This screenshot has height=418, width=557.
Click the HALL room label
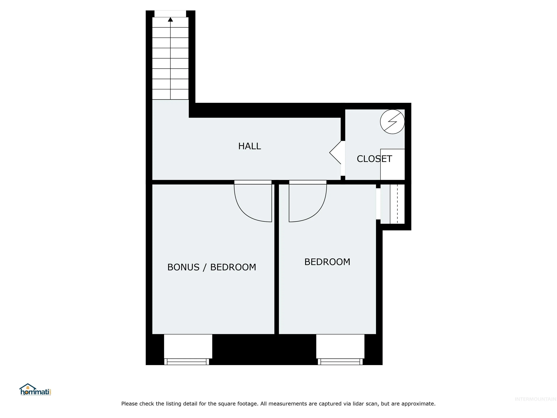(x=249, y=146)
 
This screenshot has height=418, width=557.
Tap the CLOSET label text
(x=374, y=159)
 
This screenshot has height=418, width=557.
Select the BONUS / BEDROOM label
(x=212, y=267)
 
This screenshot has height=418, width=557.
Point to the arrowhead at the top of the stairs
(x=170, y=19)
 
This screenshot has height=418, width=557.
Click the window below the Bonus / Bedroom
(x=187, y=362)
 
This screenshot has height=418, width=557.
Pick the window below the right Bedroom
(x=340, y=362)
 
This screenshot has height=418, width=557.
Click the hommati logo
(x=35, y=390)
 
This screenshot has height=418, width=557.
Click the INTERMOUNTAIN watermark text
(x=535, y=399)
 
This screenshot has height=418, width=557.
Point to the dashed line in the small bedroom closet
(x=397, y=204)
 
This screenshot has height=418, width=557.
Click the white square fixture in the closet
(x=393, y=164)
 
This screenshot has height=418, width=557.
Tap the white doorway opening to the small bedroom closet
(x=378, y=204)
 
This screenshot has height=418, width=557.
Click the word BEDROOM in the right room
(x=327, y=262)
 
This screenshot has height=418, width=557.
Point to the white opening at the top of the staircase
(x=170, y=14)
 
